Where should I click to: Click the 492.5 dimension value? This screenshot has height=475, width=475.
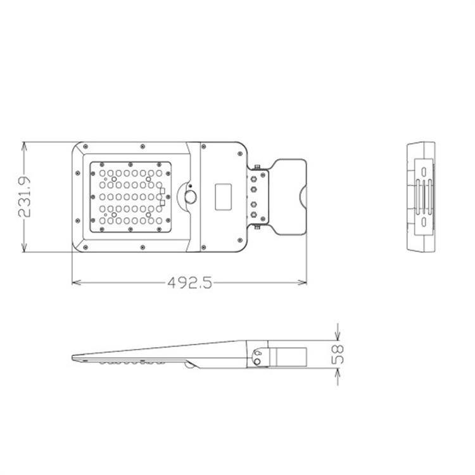pos(190,283)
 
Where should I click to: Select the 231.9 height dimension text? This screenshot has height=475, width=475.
pos(25,196)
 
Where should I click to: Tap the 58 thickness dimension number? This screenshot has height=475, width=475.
pos(338,354)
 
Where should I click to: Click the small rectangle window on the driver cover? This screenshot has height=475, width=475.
pos(224,196)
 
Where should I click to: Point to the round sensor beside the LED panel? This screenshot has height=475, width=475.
pos(191,197)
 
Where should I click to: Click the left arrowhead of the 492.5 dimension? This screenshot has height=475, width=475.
pos(76,282)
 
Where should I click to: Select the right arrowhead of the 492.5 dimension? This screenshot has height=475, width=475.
pos(302,282)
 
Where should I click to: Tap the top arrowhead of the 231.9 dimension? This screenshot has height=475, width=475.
pos(24,146)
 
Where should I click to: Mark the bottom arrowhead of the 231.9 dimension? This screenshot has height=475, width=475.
pos(24,247)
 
